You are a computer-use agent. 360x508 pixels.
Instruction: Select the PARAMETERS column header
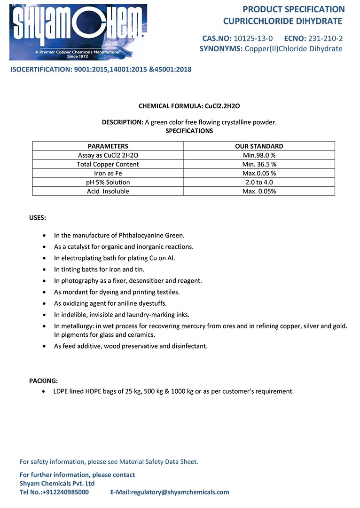pos(108,146)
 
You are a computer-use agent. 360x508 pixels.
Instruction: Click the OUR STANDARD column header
pos(259,146)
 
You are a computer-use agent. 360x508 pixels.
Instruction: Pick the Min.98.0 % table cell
pos(259,155)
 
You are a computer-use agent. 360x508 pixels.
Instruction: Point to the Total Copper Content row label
pos(108,164)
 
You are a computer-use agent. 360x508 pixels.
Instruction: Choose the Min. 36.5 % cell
pos(259,164)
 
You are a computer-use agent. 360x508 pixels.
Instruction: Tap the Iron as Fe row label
pos(108,173)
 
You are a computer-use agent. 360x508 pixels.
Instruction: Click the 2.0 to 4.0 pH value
pos(259,182)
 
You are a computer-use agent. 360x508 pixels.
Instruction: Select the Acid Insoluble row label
pos(108,191)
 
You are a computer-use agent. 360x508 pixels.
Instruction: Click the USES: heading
pos(38,218)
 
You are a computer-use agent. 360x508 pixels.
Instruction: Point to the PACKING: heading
pos(44,381)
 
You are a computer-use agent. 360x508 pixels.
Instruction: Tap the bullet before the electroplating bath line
pos(44,258)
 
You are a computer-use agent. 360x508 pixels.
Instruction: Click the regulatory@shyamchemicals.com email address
pos(180,492)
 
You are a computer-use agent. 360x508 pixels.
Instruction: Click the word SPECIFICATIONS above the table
pos(189,131)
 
